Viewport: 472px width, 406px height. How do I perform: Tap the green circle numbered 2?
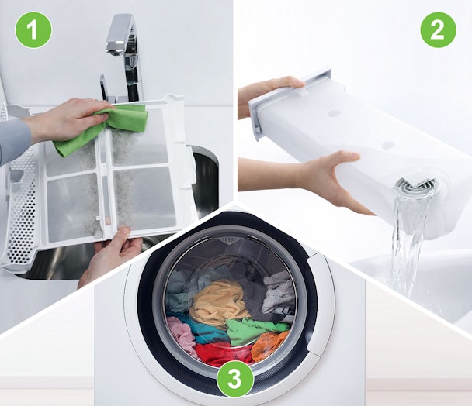click(x=439, y=30)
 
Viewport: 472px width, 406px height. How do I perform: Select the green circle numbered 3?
click(x=234, y=380)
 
